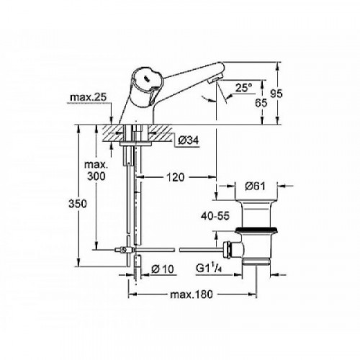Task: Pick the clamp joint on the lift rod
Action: pyautogui.click(x=127, y=250)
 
